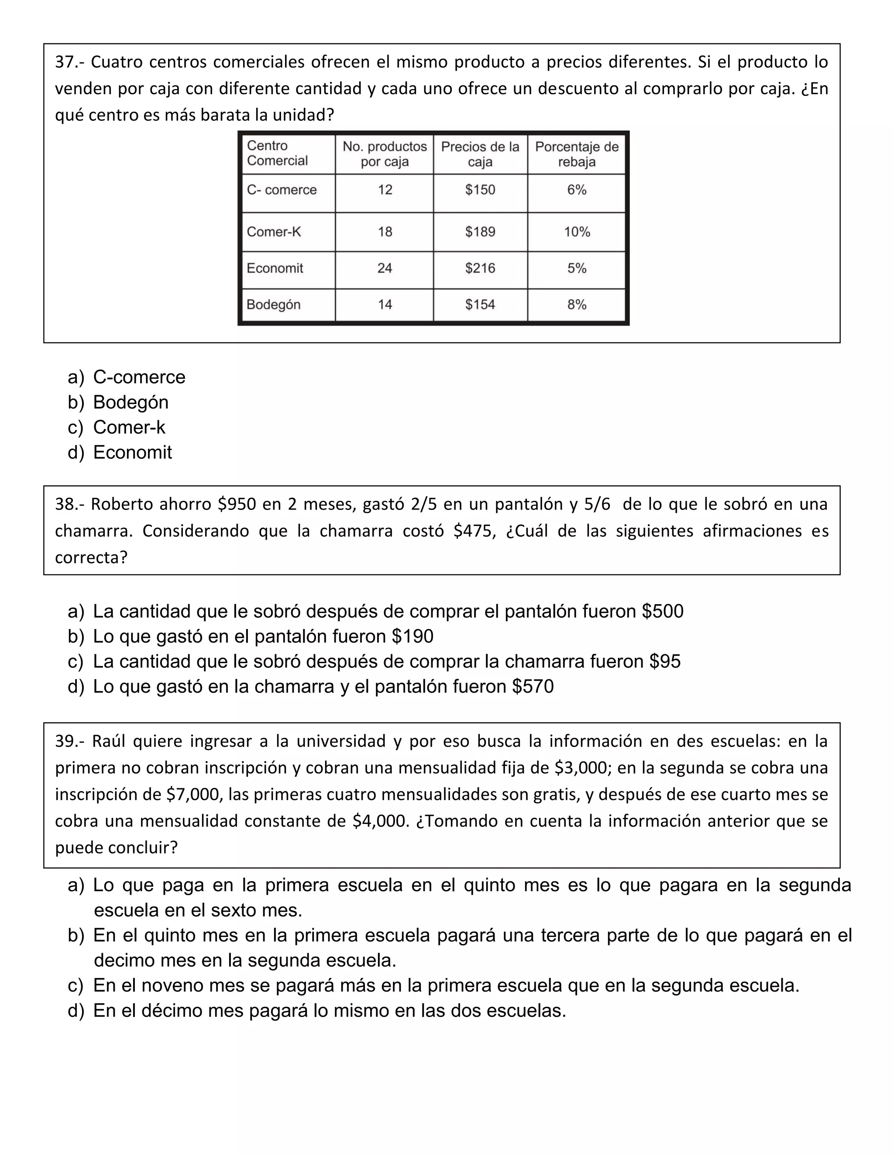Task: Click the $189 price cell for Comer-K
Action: [x=480, y=232]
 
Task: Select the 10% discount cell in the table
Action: [x=577, y=232]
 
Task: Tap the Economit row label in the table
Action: [x=275, y=268]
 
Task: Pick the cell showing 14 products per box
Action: [x=385, y=304]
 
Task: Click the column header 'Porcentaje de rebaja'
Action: [x=577, y=154]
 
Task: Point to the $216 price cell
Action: [x=480, y=268]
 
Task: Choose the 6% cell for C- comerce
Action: [x=577, y=190]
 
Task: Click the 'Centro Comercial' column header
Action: [x=278, y=153]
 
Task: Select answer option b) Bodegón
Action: [x=130, y=402]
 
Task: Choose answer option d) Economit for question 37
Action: [x=132, y=452]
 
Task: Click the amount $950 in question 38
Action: [x=237, y=504]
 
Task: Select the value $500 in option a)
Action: [x=663, y=611]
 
